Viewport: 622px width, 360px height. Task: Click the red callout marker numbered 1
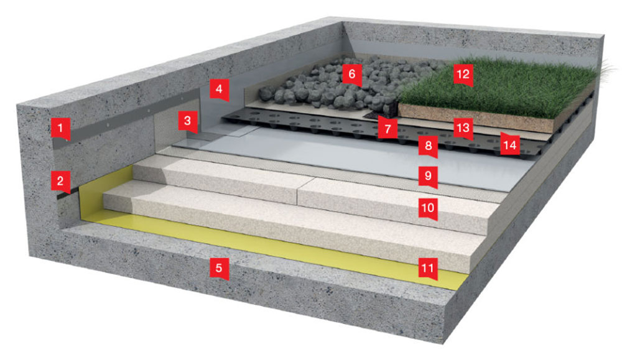(x=60, y=129)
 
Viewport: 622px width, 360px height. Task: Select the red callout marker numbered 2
(x=60, y=182)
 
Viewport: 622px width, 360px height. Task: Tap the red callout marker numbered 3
(x=188, y=121)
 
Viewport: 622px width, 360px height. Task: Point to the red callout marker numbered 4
(x=220, y=90)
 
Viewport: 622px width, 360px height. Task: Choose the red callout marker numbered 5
(x=220, y=269)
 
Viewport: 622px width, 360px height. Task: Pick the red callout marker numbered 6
(x=352, y=75)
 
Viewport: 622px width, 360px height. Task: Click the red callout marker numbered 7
(x=388, y=128)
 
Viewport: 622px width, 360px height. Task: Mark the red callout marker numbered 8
(x=429, y=146)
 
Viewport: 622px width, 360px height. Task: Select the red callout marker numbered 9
(x=429, y=177)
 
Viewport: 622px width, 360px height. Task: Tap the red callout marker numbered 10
(x=429, y=208)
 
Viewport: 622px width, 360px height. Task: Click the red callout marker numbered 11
(x=429, y=269)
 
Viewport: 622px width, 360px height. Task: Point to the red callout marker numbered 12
(x=463, y=75)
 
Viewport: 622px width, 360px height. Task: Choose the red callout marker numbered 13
(x=463, y=128)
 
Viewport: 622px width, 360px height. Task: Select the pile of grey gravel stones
(x=349, y=85)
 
